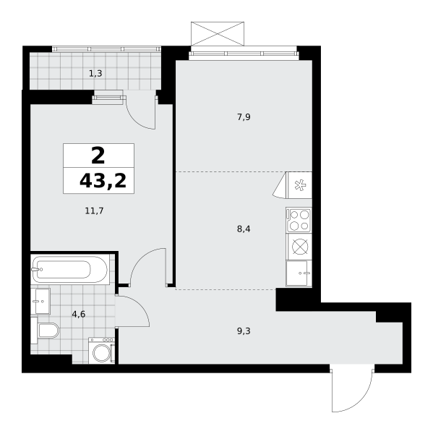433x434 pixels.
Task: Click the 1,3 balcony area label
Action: (95, 74)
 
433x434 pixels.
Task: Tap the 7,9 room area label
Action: (244, 117)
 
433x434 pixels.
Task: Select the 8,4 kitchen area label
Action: (244, 229)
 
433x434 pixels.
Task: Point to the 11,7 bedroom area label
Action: (94, 211)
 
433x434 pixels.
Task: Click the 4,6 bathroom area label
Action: (79, 315)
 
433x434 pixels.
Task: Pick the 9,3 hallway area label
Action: (244, 331)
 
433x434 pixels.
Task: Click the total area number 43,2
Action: (103, 182)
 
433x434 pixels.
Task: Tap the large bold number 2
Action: (98, 156)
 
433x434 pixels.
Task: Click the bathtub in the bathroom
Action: (69, 269)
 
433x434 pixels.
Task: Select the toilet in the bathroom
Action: (45, 331)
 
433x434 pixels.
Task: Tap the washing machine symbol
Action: (101, 350)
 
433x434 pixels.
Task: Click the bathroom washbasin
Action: (40, 301)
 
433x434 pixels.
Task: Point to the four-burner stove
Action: (299, 220)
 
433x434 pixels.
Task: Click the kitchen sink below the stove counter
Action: (299, 273)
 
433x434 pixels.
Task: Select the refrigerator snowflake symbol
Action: (299, 185)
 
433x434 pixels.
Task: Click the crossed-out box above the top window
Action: (218, 33)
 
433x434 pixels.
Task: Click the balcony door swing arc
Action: (137, 119)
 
